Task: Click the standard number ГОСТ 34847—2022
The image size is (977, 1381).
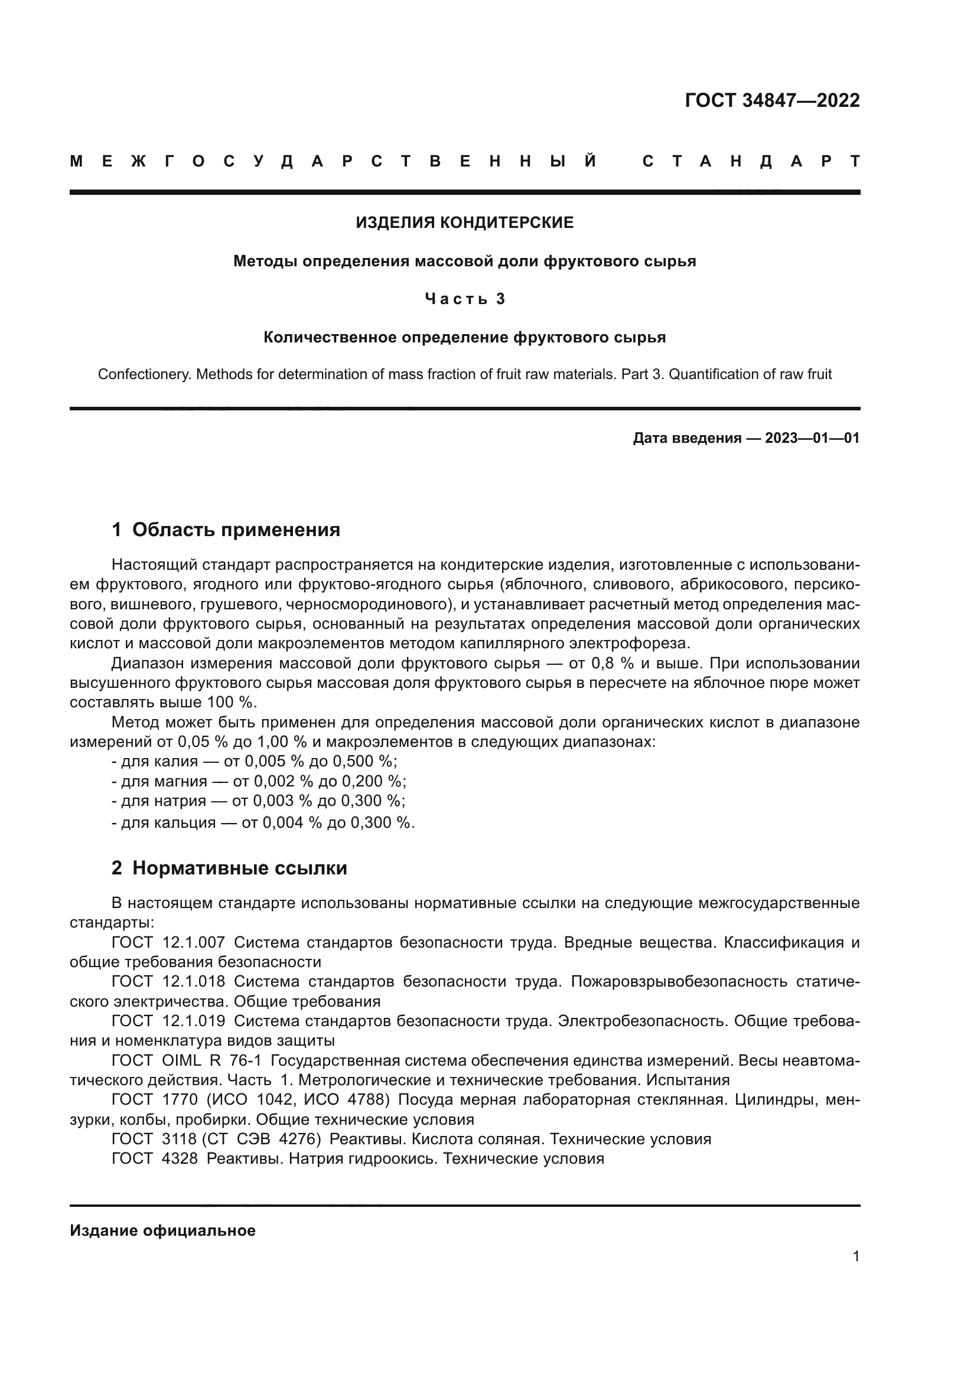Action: point(772,100)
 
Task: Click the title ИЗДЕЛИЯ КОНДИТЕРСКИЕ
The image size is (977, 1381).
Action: point(464,223)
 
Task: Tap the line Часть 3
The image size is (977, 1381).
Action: point(464,299)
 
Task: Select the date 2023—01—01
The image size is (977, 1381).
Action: point(812,438)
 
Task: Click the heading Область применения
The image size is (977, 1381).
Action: point(236,530)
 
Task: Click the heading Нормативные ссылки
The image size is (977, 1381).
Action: point(239,869)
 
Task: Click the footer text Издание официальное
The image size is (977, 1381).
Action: point(162,1230)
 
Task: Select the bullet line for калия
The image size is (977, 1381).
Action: point(255,762)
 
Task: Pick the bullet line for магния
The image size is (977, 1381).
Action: point(259,781)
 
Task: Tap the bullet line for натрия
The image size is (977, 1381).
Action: point(258,801)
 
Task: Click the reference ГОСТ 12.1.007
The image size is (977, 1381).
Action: point(168,942)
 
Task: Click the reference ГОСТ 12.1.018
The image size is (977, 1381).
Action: point(168,982)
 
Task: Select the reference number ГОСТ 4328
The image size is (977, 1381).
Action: point(155,1158)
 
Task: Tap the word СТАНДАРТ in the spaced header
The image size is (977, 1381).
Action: point(751,162)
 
